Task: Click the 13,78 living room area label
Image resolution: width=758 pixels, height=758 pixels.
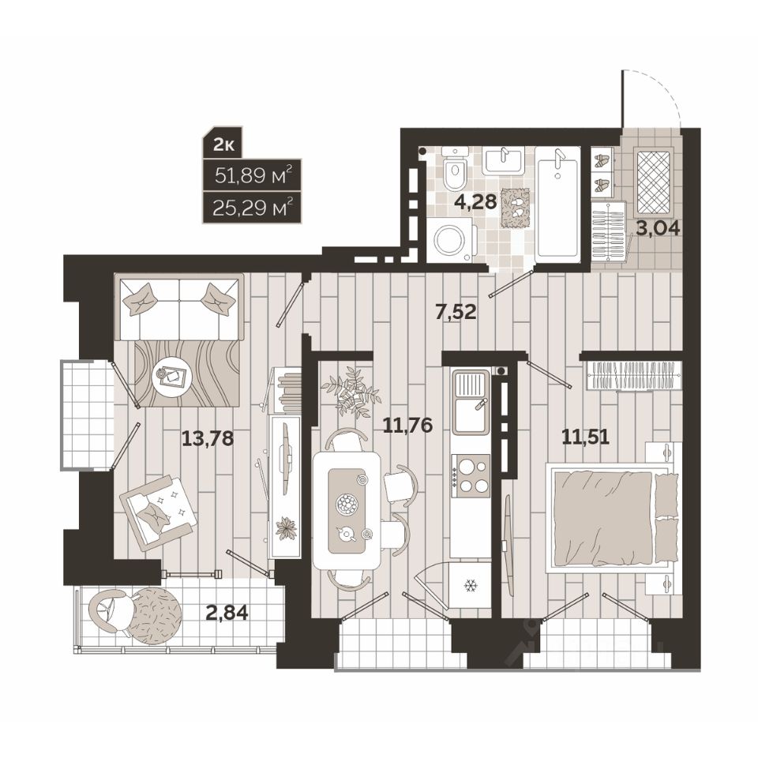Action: (x=208, y=439)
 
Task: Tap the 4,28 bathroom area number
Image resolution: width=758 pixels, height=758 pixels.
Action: (x=475, y=201)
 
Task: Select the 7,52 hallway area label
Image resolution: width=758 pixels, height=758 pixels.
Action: (x=456, y=312)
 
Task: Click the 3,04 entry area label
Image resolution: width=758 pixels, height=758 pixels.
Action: (x=658, y=227)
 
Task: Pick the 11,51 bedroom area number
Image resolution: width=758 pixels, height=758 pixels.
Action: (x=585, y=437)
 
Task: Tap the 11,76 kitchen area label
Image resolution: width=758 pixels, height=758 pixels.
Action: (x=407, y=426)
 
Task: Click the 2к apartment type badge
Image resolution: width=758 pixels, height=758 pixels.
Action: (x=223, y=145)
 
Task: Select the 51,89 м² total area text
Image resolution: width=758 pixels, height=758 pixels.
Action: (x=253, y=175)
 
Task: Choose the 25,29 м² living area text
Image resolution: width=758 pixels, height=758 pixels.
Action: (x=253, y=209)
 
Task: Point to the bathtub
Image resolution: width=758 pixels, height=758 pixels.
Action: (x=558, y=203)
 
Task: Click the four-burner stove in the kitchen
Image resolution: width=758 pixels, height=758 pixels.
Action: (x=471, y=477)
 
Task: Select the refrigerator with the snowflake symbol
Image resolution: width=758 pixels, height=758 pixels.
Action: (x=470, y=587)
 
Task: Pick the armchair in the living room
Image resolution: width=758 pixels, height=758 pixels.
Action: (x=158, y=512)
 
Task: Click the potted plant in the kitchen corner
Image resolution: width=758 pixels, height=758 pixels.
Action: (x=351, y=391)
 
